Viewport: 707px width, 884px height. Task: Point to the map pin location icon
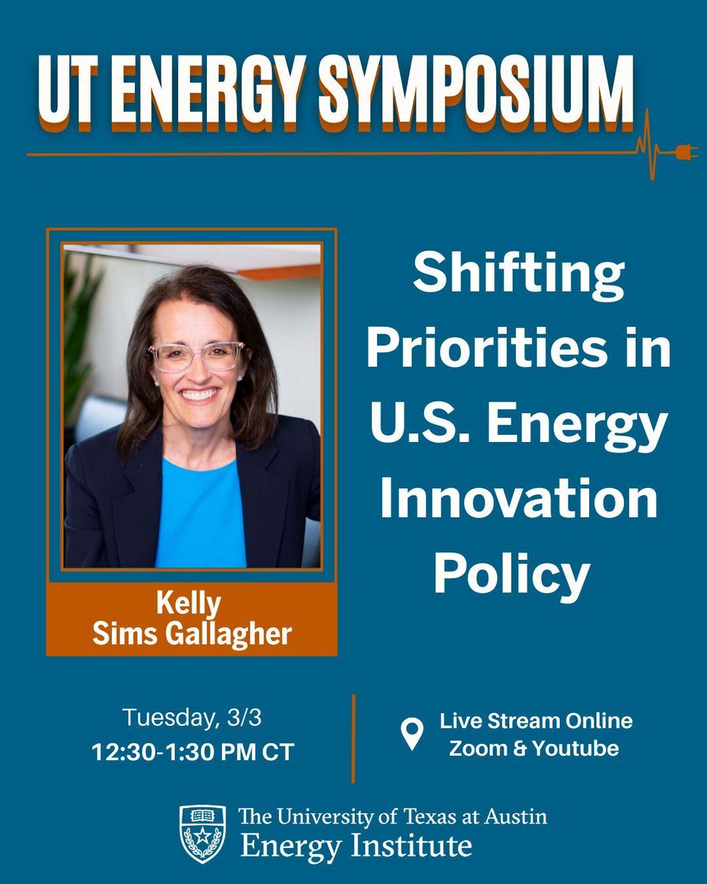(412, 734)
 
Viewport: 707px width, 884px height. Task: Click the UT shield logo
(203, 834)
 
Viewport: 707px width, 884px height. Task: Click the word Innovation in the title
(518, 498)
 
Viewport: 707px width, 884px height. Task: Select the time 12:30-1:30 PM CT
(193, 752)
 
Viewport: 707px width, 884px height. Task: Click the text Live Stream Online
(536, 720)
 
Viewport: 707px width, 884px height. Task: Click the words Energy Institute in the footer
(356, 845)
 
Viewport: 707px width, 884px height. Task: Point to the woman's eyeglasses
(197, 356)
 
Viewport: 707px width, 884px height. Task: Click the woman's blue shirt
(200, 516)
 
